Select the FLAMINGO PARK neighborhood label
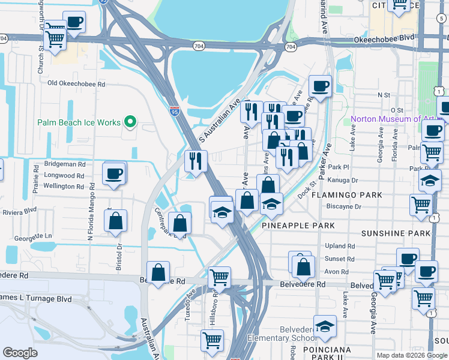[x=350, y=196]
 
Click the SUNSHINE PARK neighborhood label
[x=396, y=233]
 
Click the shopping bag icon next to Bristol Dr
[x=116, y=221]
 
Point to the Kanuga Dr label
[x=343, y=180]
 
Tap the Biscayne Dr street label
[x=345, y=206]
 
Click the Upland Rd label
[x=340, y=246]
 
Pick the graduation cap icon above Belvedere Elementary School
[x=325, y=326]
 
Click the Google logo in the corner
[x=20, y=353]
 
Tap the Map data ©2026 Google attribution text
[x=411, y=355]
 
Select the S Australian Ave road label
[x=219, y=120]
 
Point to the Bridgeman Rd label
[x=65, y=164]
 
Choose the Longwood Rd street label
[x=64, y=176]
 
